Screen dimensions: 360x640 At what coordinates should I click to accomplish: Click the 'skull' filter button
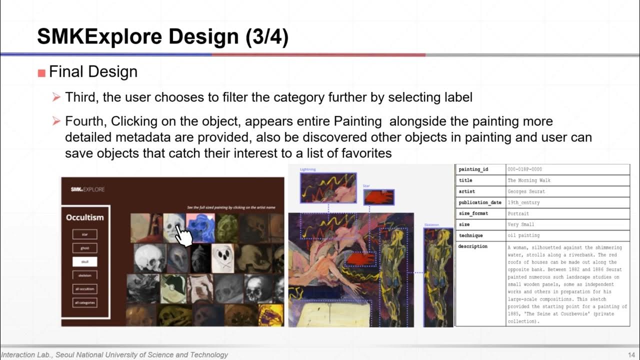pyautogui.click(x=84, y=261)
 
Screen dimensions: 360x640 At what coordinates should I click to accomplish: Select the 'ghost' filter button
pyautogui.click(x=84, y=248)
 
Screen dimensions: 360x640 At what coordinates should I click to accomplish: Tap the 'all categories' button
pyautogui.click(x=84, y=302)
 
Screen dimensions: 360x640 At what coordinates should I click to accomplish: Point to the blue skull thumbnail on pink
pyautogui.click(x=200, y=227)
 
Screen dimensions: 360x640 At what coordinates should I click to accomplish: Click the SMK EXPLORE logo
pyautogui.click(x=87, y=189)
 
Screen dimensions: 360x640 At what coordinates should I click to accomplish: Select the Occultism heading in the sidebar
pyautogui.click(x=85, y=217)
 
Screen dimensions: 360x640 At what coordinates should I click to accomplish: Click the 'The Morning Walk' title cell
pyautogui.click(x=529, y=180)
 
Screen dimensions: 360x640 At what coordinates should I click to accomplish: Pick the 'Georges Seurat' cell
pyautogui.click(x=526, y=191)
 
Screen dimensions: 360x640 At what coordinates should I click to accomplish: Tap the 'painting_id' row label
pyautogui.click(x=473, y=169)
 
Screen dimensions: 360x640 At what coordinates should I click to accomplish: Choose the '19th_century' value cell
pyautogui.click(x=523, y=202)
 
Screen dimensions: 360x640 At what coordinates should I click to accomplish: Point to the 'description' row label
pyautogui.click(x=472, y=246)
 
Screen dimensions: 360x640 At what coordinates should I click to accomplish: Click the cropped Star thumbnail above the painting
pyautogui.click(x=378, y=197)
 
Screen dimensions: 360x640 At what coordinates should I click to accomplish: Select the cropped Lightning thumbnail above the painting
pyautogui.click(x=328, y=188)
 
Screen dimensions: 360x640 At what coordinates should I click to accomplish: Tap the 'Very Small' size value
pyautogui.click(x=520, y=224)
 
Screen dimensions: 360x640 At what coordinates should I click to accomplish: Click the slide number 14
pyautogui.click(x=631, y=355)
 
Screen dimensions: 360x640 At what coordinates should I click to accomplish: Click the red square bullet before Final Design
pyautogui.click(x=41, y=73)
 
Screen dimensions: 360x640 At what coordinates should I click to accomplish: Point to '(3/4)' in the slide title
pyautogui.click(x=267, y=37)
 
